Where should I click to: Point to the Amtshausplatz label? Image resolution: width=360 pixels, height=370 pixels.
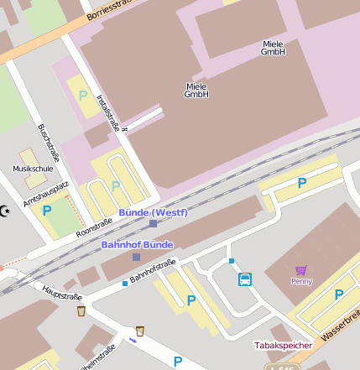45,193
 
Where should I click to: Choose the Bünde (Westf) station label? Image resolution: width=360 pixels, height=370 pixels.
153,212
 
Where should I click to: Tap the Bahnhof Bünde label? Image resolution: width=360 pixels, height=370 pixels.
137,244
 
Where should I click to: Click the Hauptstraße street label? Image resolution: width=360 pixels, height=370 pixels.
61,295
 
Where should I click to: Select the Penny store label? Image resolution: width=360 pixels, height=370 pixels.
301,281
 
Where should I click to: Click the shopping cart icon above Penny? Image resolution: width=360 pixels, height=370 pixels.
301,269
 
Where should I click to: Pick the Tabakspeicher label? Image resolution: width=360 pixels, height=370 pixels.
284,345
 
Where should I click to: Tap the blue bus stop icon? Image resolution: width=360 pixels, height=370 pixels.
245,279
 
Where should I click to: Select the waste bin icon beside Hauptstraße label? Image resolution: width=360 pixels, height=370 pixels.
81,311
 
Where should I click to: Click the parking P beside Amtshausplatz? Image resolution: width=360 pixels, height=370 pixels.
47,211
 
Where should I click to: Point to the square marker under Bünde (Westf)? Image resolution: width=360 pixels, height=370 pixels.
153,224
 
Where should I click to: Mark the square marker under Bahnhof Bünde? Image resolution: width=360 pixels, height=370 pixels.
136,257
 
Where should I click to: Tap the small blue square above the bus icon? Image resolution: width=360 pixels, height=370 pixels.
232,261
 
